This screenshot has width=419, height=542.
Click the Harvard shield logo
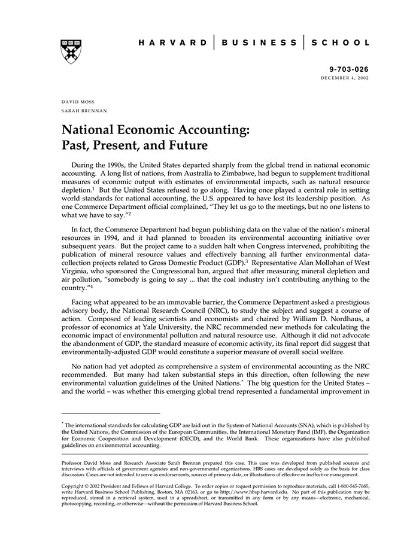pyautogui.click(x=71, y=51)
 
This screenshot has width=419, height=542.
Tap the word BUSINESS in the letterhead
pyautogui.click(x=259, y=43)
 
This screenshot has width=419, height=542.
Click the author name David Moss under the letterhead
pyautogui.click(x=78, y=102)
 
